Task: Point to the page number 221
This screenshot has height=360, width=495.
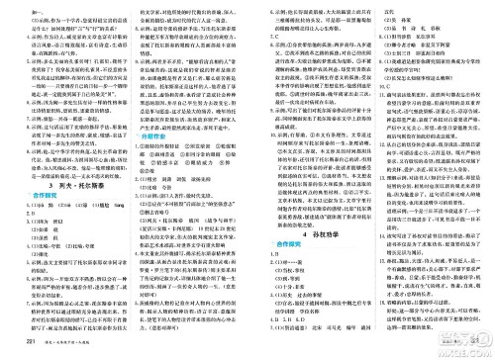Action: pos(13,343)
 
